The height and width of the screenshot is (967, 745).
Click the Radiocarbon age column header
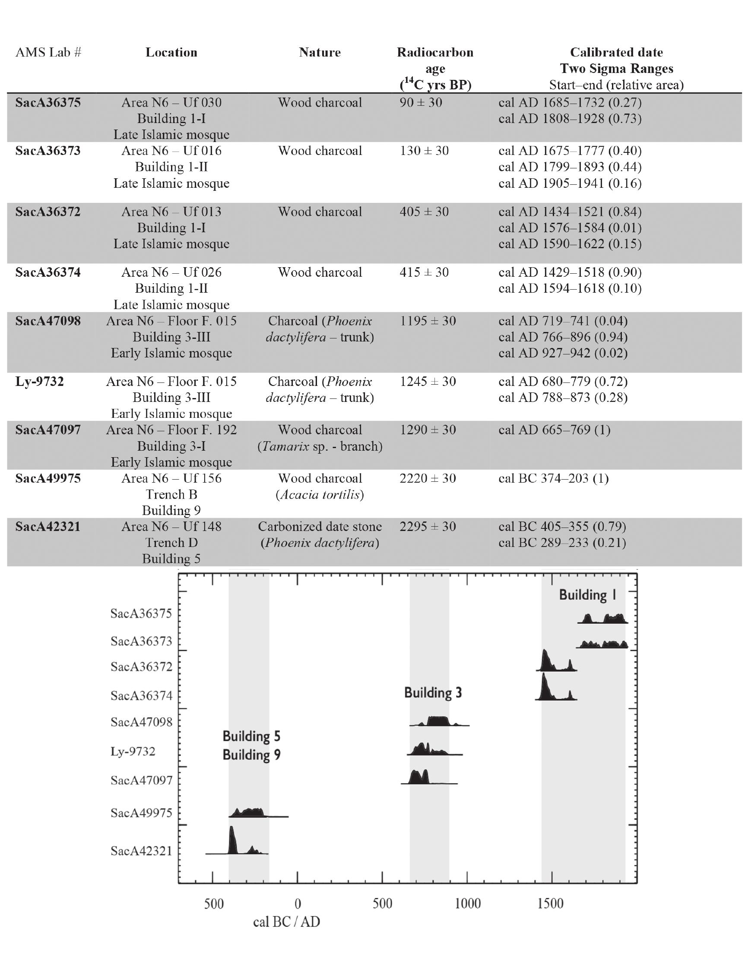(x=434, y=68)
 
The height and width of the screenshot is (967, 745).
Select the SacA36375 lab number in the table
(x=48, y=103)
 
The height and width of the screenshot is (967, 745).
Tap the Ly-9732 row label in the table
(x=39, y=381)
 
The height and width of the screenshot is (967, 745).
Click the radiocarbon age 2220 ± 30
(x=428, y=478)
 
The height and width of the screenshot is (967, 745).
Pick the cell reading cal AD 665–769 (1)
(x=554, y=430)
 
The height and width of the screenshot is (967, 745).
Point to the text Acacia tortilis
(x=320, y=495)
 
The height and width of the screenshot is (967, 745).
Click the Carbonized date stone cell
(x=320, y=526)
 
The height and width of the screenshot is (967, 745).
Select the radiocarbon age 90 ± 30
(x=421, y=103)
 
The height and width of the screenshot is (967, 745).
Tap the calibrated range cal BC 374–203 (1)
(x=553, y=478)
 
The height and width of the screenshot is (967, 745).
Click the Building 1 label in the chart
(x=587, y=594)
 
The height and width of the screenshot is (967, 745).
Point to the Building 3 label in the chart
(x=433, y=692)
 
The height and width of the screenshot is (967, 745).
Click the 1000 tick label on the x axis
(x=467, y=903)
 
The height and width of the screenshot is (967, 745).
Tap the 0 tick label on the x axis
(x=298, y=903)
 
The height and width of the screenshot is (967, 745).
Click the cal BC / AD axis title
(x=286, y=922)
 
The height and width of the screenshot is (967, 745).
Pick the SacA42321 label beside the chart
(x=141, y=851)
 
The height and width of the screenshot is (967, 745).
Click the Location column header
(x=171, y=52)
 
